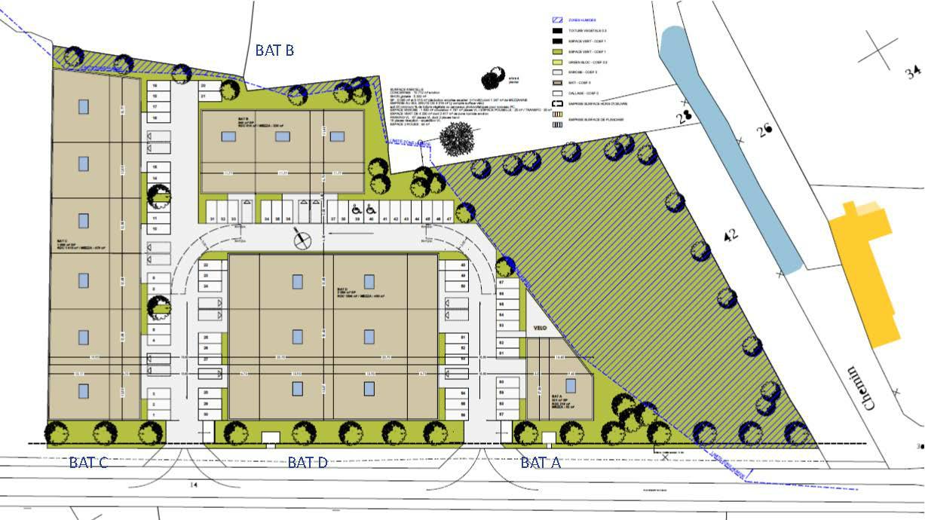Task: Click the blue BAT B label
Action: coord(274,50)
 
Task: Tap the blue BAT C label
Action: coord(88,462)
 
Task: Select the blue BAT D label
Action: coord(308,462)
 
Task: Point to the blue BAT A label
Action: coord(541,462)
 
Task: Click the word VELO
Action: coord(541,329)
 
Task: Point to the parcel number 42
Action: coord(730,236)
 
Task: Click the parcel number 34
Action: coord(913,73)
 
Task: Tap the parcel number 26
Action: coord(766,130)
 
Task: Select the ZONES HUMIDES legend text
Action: coord(583,20)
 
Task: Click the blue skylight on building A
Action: coord(571,385)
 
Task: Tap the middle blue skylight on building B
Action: coord(282,136)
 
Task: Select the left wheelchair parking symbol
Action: coord(354,210)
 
